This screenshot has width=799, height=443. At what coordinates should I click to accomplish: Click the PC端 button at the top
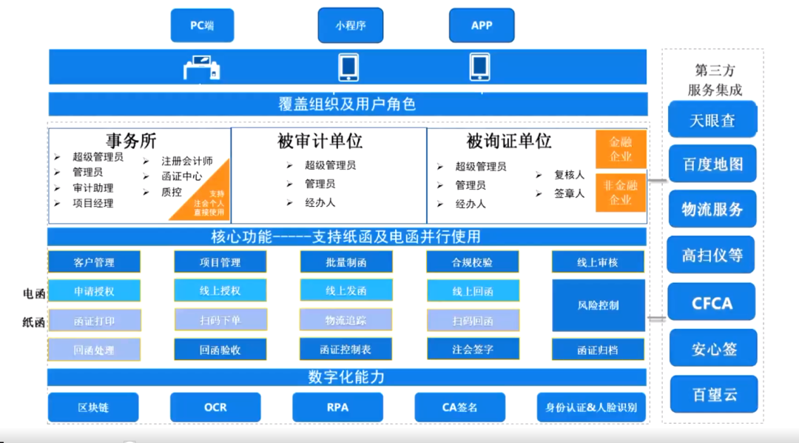[x=202, y=25]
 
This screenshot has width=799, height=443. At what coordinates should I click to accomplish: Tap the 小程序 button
[x=350, y=25]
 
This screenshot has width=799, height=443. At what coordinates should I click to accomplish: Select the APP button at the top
[x=482, y=25]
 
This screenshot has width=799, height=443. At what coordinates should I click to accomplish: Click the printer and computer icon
[x=202, y=68]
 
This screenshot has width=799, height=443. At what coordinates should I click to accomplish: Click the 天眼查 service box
[x=712, y=120]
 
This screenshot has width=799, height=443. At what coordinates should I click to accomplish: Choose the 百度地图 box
[x=712, y=164]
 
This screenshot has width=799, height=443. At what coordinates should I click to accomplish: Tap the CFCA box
[x=712, y=303]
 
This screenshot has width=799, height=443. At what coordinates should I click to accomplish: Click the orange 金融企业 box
[x=621, y=150]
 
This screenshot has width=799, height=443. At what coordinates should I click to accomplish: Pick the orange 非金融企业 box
[x=621, y=193]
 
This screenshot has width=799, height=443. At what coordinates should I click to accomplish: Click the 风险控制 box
[x=598, y=305]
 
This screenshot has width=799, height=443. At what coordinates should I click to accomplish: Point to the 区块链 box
[x=93, y=407]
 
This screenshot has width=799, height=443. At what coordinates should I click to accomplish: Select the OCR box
[x=215, y=407]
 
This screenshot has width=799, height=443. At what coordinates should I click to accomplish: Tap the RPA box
[x=337, y=407]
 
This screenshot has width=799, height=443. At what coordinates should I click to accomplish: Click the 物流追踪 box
[x=345, y=320]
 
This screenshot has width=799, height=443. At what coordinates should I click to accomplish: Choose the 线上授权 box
[x=220, y=291]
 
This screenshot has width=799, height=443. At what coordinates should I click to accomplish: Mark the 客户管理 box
[x=94, y=262]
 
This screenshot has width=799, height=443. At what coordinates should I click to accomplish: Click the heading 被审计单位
[x=320, y=141]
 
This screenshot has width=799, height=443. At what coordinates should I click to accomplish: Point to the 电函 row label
[x=34, y=293]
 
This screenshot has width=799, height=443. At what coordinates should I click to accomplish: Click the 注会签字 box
[x=473, y=350]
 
